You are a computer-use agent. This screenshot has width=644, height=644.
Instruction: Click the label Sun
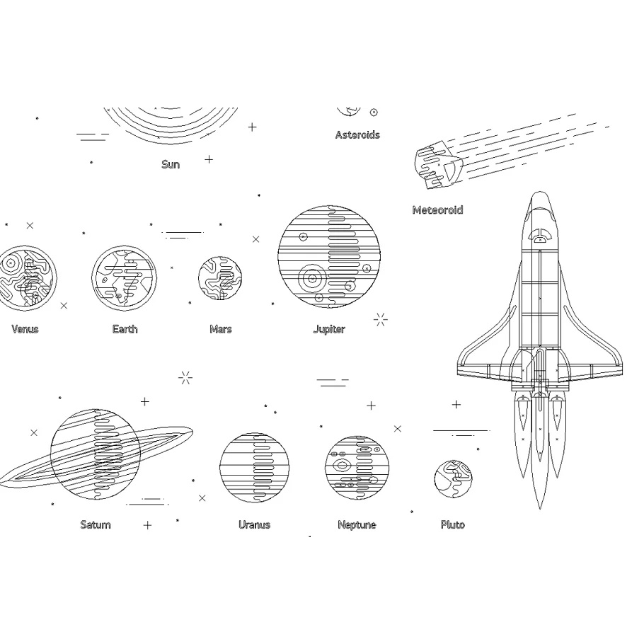(171, 164)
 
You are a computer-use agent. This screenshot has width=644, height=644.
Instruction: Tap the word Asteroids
(357, 134)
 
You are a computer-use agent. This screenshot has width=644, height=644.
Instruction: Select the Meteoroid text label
(438, 210)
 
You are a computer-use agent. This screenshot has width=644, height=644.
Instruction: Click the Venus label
(25, 329)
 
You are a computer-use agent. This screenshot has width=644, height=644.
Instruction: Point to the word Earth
(125, 329)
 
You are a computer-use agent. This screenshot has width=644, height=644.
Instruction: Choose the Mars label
(221, 329)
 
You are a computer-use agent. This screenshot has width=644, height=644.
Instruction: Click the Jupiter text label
(329, 329)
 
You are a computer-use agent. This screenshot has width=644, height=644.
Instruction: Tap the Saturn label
(96, 524)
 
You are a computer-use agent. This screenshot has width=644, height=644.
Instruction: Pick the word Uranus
(254, 524)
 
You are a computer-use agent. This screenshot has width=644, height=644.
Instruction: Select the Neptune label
(357, 525)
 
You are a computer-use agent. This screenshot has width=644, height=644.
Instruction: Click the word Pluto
(453, 524)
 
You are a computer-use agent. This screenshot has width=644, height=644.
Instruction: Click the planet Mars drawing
(219, 278)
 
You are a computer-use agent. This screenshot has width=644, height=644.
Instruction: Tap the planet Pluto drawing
(453, 479)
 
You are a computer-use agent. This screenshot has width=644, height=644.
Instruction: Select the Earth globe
(124, 278)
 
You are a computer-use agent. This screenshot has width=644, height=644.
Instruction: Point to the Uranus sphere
(254, 467)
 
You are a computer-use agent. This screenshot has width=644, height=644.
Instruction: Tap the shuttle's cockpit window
(540, 236)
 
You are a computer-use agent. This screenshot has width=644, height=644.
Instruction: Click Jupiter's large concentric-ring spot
(312, 279)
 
